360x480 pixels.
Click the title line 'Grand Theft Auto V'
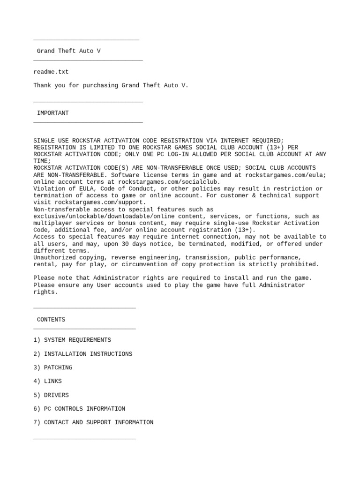pyautogui.click(x=68, y=51)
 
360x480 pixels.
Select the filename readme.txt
pyautogui.click(x=51, y=72)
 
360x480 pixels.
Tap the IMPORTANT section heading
pyautogui.click(x=52, y=113)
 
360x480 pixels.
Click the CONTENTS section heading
pyautogui.click(x=51, y=320)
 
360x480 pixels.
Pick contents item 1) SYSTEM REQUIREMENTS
pyautogui.click(x=72, y=340)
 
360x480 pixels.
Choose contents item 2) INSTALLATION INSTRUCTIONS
pyautogui.click(x=82, y=354)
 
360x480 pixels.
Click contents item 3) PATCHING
pyautogui.click(x=52, y=367)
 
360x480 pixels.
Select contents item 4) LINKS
pyautogui.click(x=47, y=381)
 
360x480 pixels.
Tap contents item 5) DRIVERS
pyautogui.click(x=51, y=395)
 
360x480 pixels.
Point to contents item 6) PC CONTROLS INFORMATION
pyautogui.click(x=79, y=409)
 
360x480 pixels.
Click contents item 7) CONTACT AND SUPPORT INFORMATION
pyautogui.click(x=93, y=422)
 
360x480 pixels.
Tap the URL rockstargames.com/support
pyautogui.click(x=100, y=202)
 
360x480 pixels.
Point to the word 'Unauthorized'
pyautogui.click(x=54, y=257)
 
